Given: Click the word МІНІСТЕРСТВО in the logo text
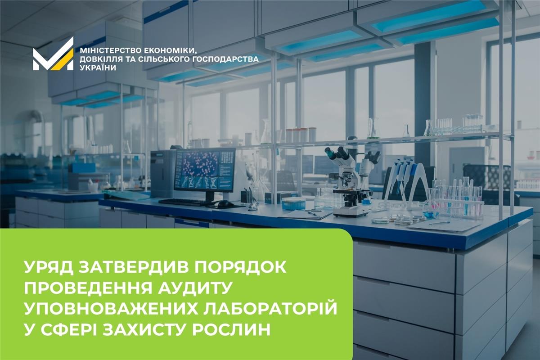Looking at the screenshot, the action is [109, 51].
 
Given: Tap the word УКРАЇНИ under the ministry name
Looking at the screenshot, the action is [98, 68].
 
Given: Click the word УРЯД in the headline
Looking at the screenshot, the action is [48, 267].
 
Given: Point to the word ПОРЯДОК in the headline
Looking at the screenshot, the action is [238, 267].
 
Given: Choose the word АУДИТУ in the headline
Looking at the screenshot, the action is [195, 288].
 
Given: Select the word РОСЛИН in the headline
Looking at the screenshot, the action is [231, 329].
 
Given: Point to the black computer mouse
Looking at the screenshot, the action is [225, 204].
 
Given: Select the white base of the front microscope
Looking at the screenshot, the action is [351, 212].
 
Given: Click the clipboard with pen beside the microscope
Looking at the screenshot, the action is [305, 215].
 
